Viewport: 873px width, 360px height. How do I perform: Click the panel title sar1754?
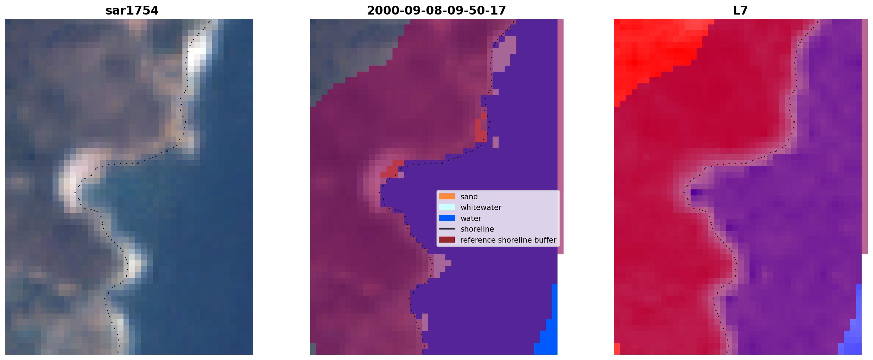pyautogui.click(x=132, y=11)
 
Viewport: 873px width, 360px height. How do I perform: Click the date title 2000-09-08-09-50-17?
pyautogui.click(x=436, y=11)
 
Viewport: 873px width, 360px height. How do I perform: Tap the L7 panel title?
pyautogui.click(x=740, y=11)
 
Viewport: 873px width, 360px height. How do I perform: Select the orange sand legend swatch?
pyautogui.click(x=447, y=196)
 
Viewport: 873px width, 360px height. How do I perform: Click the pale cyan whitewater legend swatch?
pyautogui.click(x=447, y=207)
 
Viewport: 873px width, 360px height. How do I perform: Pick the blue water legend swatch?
pyautogui.click(x=447, y=218)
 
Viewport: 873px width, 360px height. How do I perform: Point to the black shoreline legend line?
pyautogui.click(x=447, y=229)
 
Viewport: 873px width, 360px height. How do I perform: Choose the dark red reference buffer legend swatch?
pyautogui.click(x=447, y=240)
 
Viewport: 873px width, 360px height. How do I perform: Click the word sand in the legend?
pyautogui.click(x=469, y=197)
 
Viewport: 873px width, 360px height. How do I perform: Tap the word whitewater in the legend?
pyautogui.click(x=481, y=207)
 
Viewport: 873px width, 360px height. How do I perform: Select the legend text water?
pyautogui.click(x=471, y=218)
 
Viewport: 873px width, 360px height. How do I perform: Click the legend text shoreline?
pyautogui.click(x=477, y=229)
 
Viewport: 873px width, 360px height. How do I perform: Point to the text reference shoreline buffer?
pyautogui.click(x=508, y=240)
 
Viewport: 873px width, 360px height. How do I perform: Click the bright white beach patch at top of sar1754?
pyautogui.click(x=196, y=53)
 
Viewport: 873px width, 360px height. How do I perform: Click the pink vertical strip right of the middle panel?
pyautogui.click(x=560, y=137)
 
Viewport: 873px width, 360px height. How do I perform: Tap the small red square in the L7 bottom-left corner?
pyautogui.click(x=617, y=349)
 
